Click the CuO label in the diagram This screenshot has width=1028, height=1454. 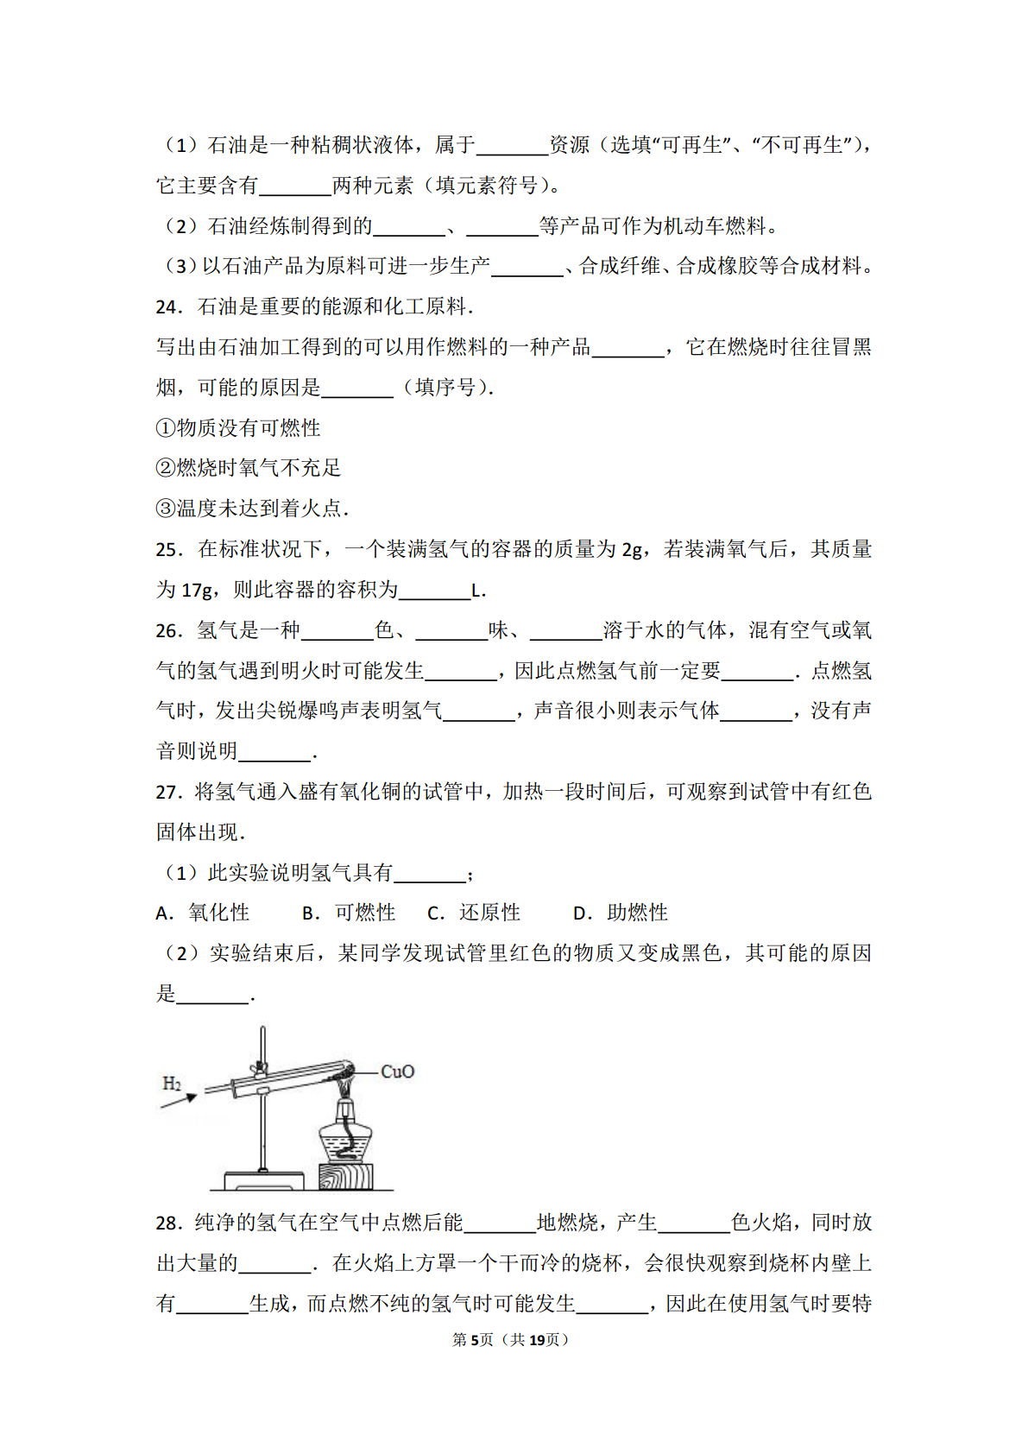coord(398,1072)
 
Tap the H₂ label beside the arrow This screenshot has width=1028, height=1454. coord(172,1083)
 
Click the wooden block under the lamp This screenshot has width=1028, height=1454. coord(346,1177)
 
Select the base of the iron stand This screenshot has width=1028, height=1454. coord(263,1180)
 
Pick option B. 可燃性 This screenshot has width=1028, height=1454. coord(349,913)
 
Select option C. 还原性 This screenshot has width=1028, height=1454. coord(474,913)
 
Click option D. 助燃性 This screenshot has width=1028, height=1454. coord(621,913)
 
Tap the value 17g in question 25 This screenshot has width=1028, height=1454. coord(197,591)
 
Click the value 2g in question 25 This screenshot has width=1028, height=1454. coord(633,550)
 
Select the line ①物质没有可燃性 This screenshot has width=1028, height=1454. coord(238,428)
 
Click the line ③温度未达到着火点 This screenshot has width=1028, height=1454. coord(252,509)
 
